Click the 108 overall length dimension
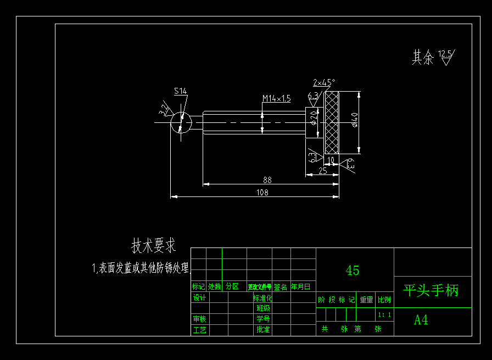coord(264,192)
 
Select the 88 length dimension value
coord(267,180)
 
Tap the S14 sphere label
coord(180,91)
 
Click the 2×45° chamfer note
coord(324,83)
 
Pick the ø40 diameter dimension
coord(355,119)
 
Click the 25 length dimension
coord(322,171)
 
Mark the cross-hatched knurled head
coord(332,122)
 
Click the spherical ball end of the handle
coord(181,122)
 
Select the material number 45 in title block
coord(353,270)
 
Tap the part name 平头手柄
coord(431,290)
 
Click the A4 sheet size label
coord(421,320)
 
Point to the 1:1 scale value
coord(384,314)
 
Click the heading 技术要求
coord(154,246)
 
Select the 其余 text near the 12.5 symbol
coord(423,57)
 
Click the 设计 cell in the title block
coord(199,298)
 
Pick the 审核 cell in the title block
coord(199,319)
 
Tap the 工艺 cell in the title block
coord(199,330)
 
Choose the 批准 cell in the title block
coord(263,330)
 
